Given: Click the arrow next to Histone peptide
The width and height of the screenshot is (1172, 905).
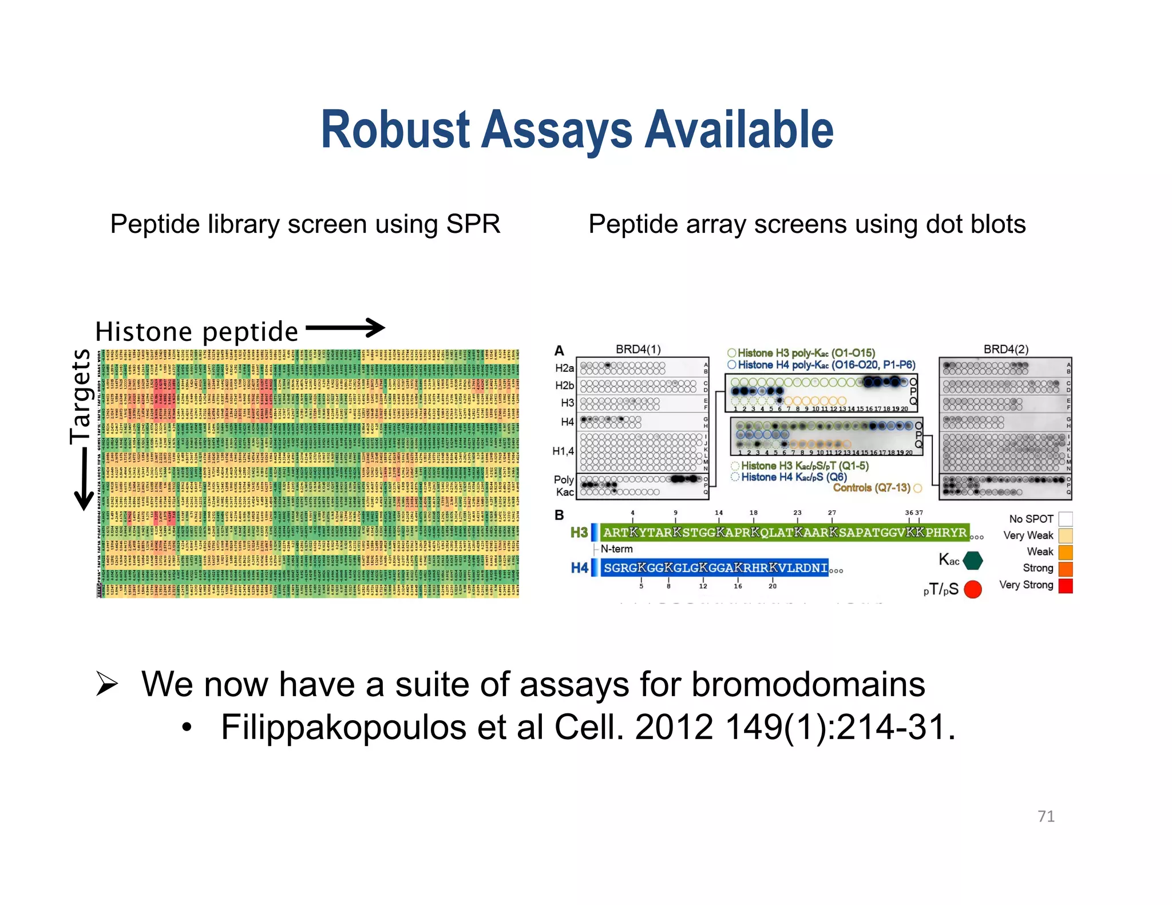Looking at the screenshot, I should pyautogui.click(x=345, y=328).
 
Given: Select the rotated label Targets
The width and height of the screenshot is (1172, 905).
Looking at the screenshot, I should pyautogui.click(x=80, y=396).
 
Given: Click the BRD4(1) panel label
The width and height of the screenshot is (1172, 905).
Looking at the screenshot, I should pyautogui.click(x=638, y=349).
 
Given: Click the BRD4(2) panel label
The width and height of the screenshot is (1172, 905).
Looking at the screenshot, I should pyautogui.click(x=1005, y=349).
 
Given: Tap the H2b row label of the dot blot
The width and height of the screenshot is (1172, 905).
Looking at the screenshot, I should pyautogui.click(x=564, y=386).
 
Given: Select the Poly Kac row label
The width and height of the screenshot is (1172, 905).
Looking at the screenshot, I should pyautogui.click(x=564, y=486).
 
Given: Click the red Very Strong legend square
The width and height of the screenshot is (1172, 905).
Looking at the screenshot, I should pyautogui.click(x=1065, y=586).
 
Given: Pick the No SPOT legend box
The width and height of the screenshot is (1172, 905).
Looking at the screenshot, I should pyautogui.click(x=1065, y=519).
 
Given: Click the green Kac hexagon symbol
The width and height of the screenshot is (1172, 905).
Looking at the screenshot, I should pyautogui.click(x=972, y=561).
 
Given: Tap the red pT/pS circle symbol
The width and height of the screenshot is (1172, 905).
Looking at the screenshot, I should pyautogui.click(x=972, y=589).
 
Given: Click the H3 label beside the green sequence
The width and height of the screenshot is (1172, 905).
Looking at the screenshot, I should pyautogui.click(x=579, y=533).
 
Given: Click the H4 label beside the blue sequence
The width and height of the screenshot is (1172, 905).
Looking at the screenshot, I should pyautogui.click(x=579, y=568).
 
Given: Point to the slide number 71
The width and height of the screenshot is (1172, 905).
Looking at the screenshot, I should pyautogui.click(x=1046, y=816).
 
